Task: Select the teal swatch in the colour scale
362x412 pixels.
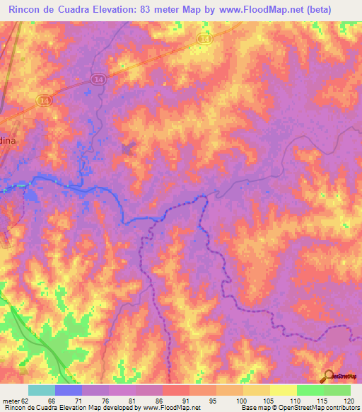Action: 42,390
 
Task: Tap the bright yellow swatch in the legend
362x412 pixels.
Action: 283,390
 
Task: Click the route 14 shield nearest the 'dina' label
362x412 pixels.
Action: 45,102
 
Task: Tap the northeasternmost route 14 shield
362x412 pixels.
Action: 205,40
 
